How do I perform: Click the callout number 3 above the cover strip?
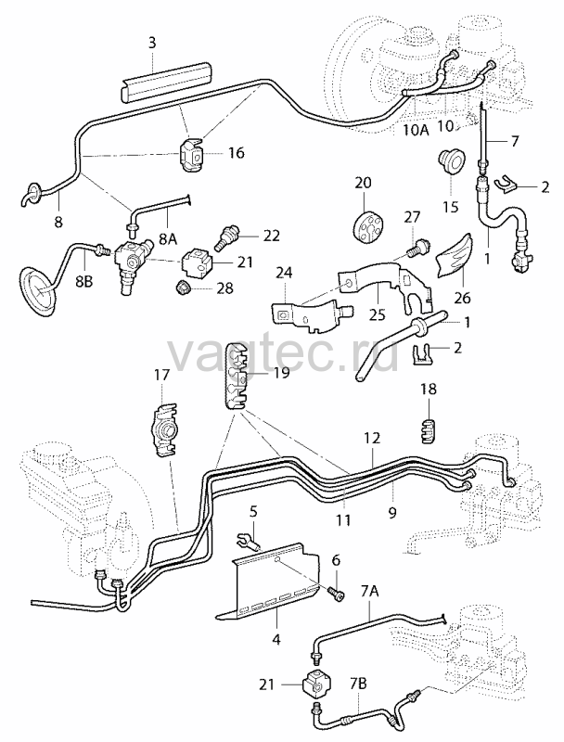[151, 43]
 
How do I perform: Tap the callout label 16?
[237, 153]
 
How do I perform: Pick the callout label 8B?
[84, 283]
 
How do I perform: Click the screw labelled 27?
[415, 247]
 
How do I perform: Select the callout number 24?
[286, 273]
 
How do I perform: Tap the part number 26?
[462, 298]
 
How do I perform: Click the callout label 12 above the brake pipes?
[372, 438]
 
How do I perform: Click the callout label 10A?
[417, 130]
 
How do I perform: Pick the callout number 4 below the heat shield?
[276, 640]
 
